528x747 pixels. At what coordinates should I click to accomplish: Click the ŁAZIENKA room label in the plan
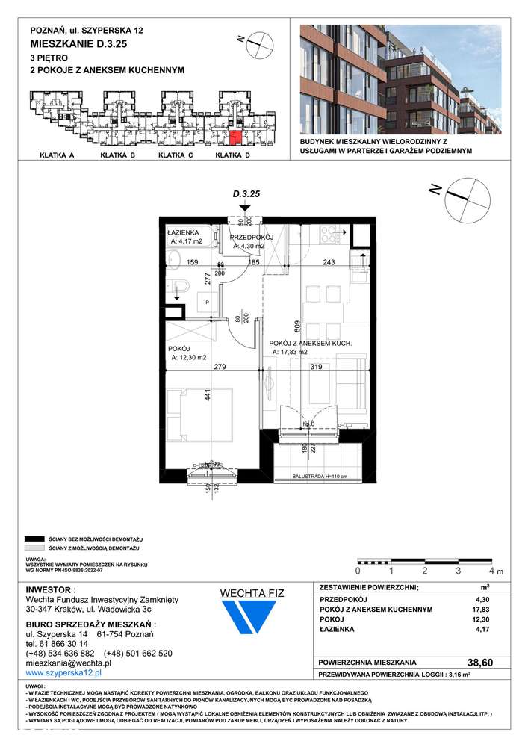[x=184, y=232]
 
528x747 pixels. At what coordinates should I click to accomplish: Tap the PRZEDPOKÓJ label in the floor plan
[x=252, y=237]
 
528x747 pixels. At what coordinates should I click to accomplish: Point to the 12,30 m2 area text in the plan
[x=189, y=357]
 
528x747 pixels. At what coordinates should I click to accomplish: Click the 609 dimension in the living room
[x=296, y=326]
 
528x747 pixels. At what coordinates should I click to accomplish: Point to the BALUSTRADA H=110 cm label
[x=316, y=476]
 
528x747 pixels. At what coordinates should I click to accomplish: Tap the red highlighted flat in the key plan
[x=235, y=137]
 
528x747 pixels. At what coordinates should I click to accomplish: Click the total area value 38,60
[x=474, y=662]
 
